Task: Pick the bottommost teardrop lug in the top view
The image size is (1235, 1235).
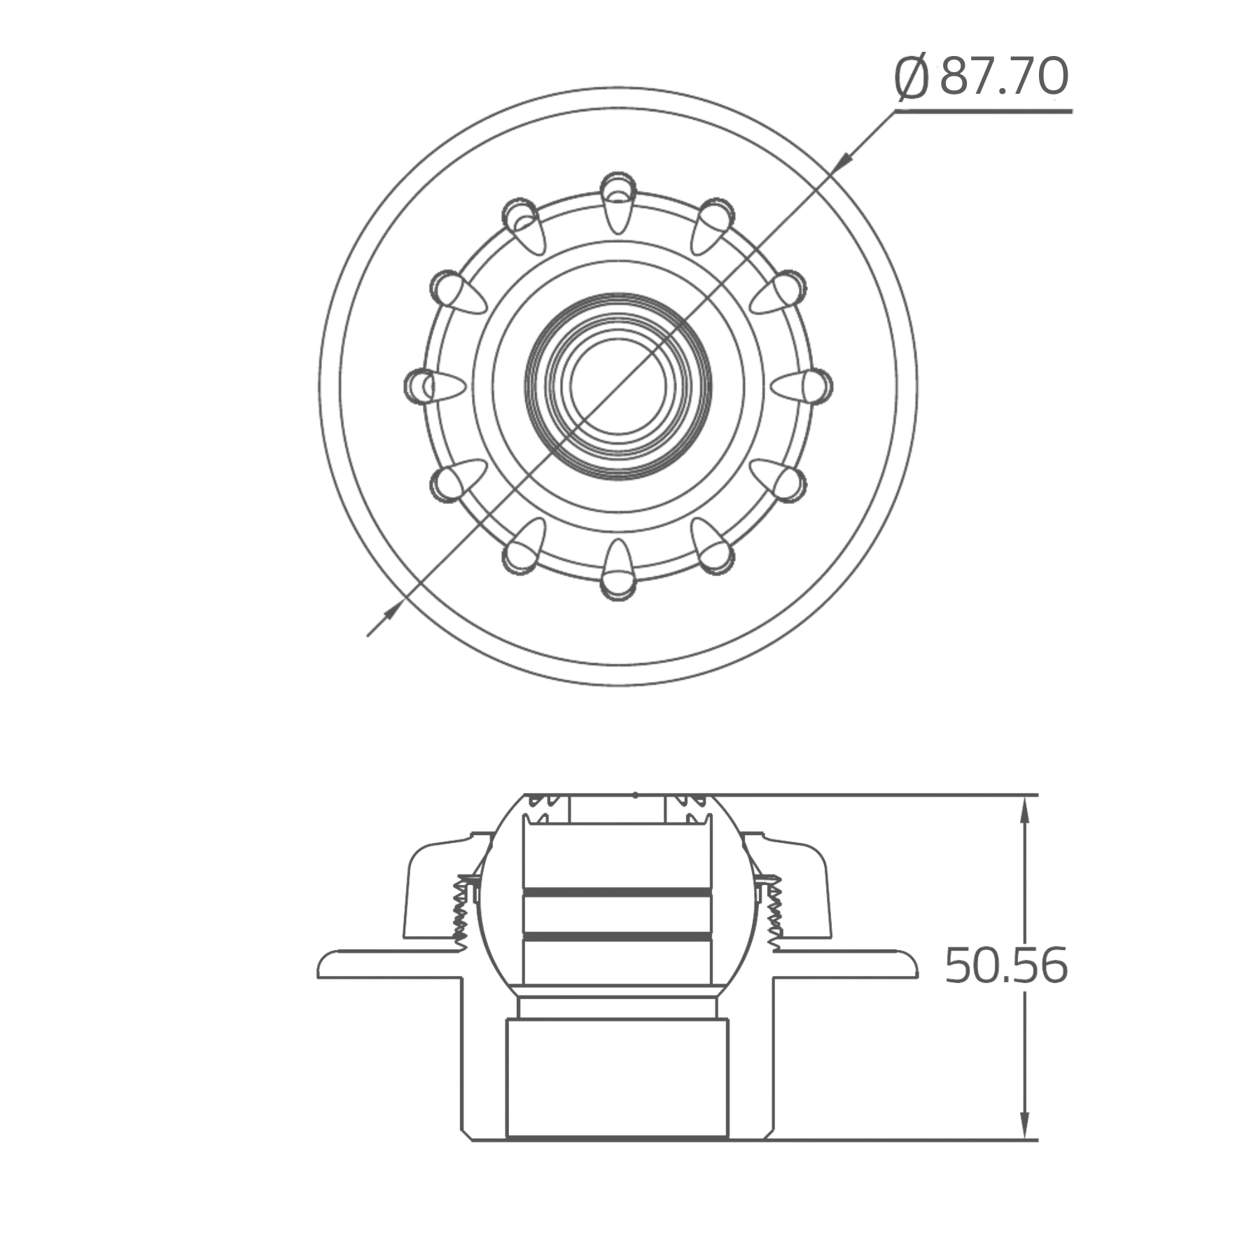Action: (617, 571)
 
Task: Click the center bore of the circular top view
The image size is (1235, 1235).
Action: (617, 385)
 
